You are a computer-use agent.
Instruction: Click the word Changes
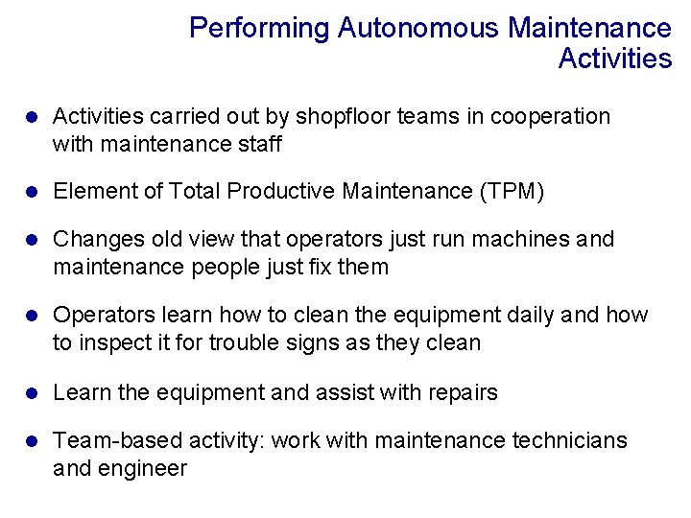93,239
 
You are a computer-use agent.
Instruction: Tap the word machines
528,239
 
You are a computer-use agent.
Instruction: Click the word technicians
569,440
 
